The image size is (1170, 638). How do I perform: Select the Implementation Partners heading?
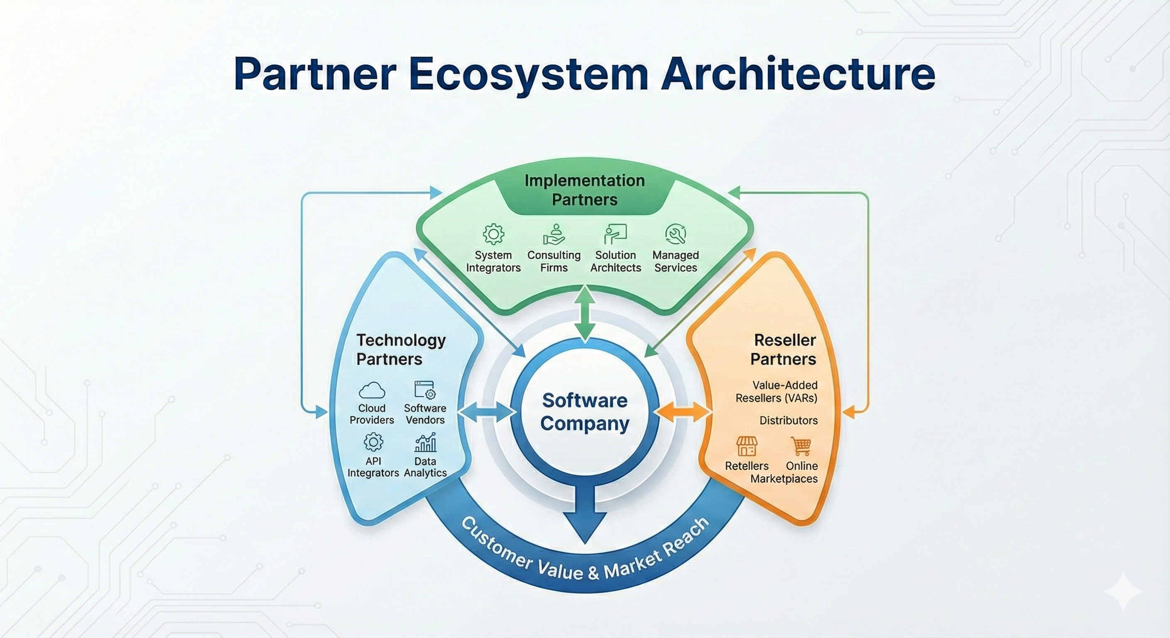point(585,190)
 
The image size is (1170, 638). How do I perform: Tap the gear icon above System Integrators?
point(493,234)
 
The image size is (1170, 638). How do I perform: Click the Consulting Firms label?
point(554,262)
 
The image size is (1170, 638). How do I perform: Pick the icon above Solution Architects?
point(615,234)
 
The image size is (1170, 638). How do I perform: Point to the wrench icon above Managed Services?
point(676,234)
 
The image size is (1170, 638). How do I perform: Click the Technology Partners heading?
point(401,350)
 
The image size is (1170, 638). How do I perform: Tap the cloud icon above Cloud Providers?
point(372,390)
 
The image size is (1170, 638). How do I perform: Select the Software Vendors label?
point(425,414)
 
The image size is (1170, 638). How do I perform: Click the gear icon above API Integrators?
point(374,442)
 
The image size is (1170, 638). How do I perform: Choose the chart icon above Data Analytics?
point(425,442)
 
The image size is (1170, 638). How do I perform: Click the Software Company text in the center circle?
point(585,412)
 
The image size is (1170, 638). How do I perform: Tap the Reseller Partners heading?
point(784,350)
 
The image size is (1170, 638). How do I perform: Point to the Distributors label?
point(789,420)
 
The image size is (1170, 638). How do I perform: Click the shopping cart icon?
point(801,447)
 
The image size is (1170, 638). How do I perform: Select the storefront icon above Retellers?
point(747,447)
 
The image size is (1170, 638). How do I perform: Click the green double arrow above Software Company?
point(585,313)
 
